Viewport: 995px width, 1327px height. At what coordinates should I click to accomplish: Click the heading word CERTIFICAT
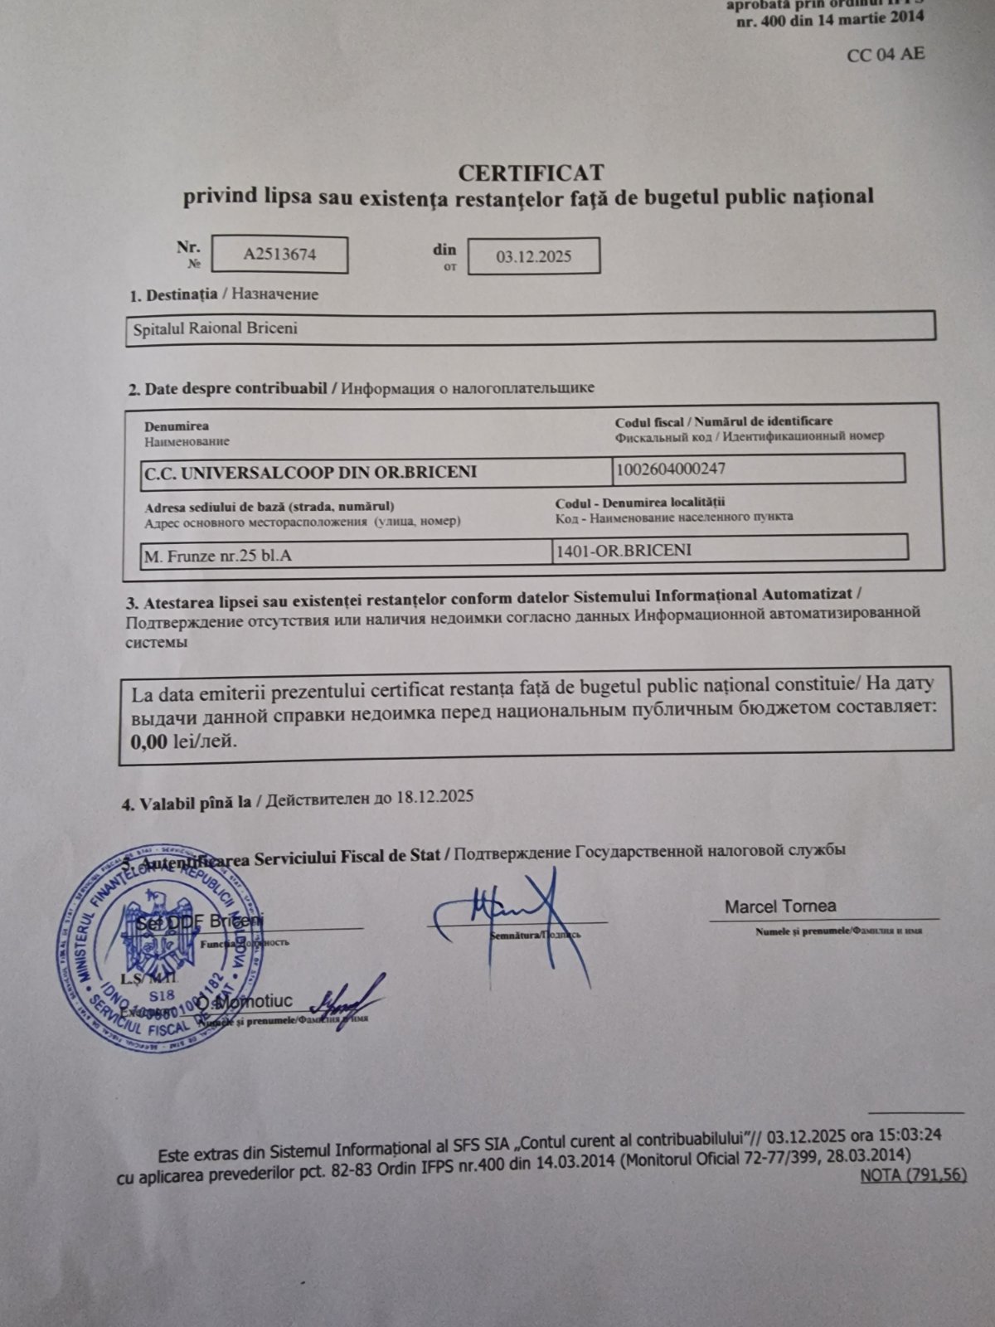(x=531, y=172)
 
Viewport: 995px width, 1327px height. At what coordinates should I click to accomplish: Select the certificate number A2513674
(x=279, y=255)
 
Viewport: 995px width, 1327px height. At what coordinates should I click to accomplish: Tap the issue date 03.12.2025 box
(x=534, y=256)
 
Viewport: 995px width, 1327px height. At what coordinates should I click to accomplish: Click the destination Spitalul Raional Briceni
(x=216, y=328)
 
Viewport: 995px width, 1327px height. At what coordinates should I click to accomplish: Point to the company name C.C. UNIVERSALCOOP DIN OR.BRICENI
(x=310, y=473)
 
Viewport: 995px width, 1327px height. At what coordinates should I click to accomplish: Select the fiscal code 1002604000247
(x=671, y=469)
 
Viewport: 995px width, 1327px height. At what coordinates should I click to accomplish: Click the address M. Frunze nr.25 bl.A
(x=218, y=556)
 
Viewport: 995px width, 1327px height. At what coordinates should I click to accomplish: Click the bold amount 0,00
(x=149, y=741)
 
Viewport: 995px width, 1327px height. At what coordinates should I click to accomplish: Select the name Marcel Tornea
(x=780, y=907)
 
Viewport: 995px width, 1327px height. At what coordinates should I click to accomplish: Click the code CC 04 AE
(x=886, y=55)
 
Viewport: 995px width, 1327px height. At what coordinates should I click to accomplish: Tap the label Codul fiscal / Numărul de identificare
(x=724, y=421)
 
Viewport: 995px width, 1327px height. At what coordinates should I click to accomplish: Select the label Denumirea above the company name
(x=177, y=426)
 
